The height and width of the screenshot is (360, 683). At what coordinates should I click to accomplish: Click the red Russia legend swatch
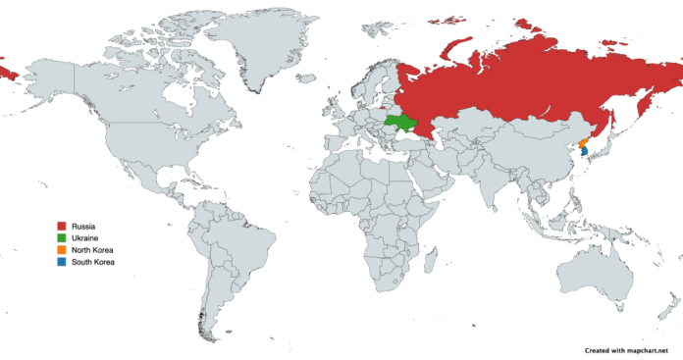click(62, 227)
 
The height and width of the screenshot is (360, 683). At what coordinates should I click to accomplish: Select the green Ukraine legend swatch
click(62, 238)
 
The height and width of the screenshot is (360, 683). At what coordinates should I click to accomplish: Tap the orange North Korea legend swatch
click(62, 250)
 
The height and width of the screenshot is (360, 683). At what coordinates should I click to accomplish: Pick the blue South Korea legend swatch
click(62, 262)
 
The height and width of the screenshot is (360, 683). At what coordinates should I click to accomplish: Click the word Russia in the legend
click(83, 227)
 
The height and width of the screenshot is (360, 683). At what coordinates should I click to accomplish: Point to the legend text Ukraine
click(85, 238)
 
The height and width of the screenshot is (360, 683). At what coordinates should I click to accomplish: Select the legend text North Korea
click(93, 250)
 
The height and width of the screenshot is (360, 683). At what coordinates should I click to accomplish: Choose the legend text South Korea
click(93, 262)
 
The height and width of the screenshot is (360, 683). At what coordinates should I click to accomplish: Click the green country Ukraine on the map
click(399, 123)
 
